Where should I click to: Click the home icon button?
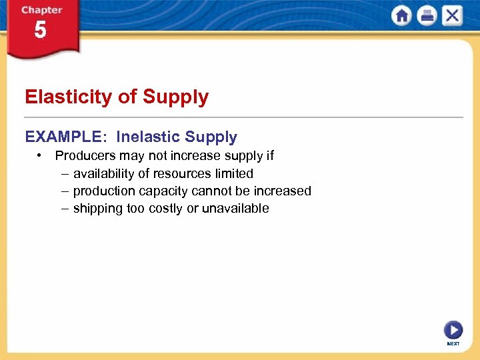(402, 16)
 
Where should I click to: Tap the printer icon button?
(427, 16)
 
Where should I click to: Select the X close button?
(451, 16)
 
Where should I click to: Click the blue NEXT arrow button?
(453, 330)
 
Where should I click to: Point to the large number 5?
(41, 31)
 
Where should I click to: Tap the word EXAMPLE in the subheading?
(63, 137)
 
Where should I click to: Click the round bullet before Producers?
(41, 156)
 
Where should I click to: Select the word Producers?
(86, 156)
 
